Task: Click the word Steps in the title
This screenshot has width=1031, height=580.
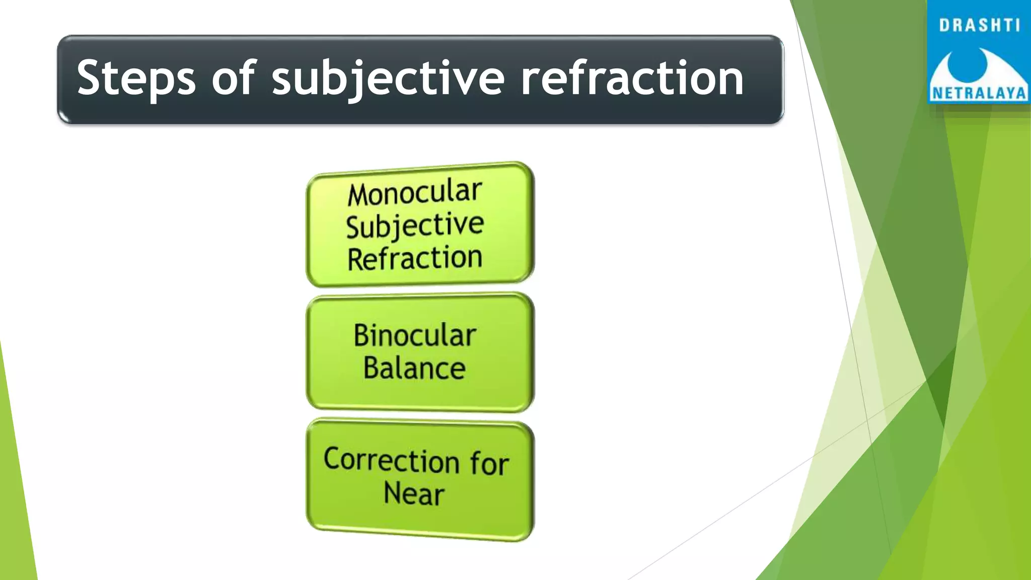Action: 135,78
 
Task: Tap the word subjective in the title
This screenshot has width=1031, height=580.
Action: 388,78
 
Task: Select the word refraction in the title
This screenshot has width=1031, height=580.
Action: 632,78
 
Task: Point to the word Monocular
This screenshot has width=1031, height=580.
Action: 415,193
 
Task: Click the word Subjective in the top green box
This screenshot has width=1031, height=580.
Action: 415,226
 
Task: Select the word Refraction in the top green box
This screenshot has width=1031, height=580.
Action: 415,259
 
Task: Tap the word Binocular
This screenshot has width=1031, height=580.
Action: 415,335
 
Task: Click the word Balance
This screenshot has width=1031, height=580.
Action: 414,368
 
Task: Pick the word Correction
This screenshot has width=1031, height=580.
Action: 392,460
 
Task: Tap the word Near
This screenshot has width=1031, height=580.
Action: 414,493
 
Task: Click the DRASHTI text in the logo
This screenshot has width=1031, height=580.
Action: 979,25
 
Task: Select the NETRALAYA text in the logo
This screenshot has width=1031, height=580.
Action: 979,93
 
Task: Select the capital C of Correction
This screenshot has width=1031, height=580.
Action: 333,458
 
